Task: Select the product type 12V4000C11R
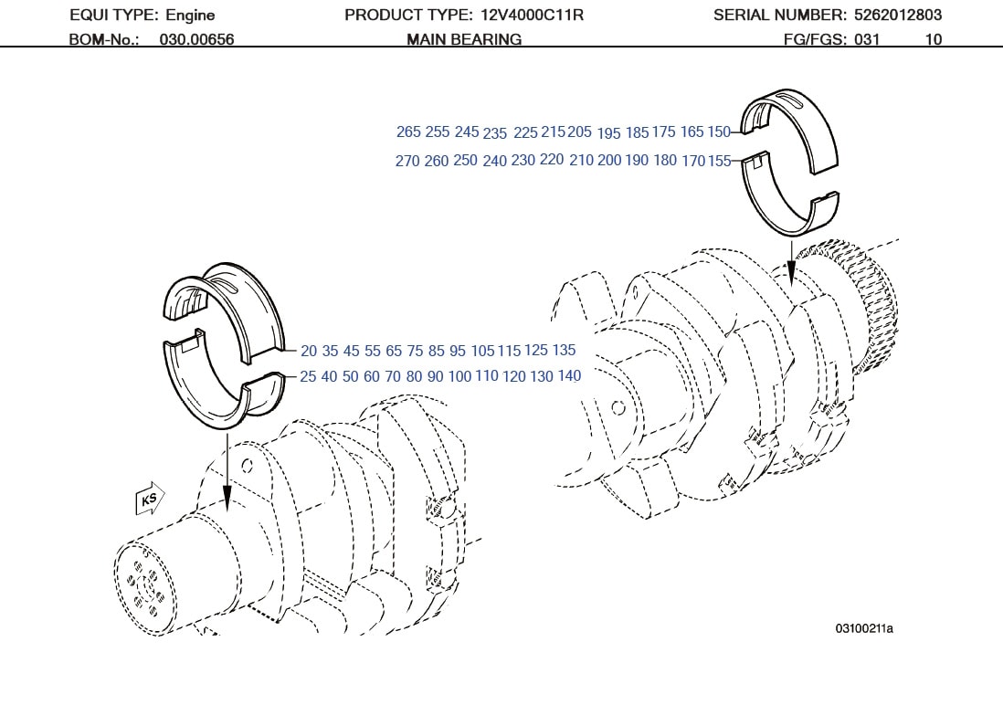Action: [532, 15]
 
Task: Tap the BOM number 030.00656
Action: [196, 39]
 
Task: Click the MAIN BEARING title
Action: [464, 39]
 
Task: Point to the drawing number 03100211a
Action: [863, 628]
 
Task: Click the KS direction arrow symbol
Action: [149, 500]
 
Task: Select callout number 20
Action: [308, 351]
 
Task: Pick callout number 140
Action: [569, 376]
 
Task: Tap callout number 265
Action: [408, 132]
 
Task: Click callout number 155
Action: [720, 162]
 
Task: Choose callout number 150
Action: [719, 132]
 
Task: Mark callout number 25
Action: [308, 376]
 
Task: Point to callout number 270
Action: [407, 162]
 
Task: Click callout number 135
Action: [564, 350]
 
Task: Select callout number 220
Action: [552, 160]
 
